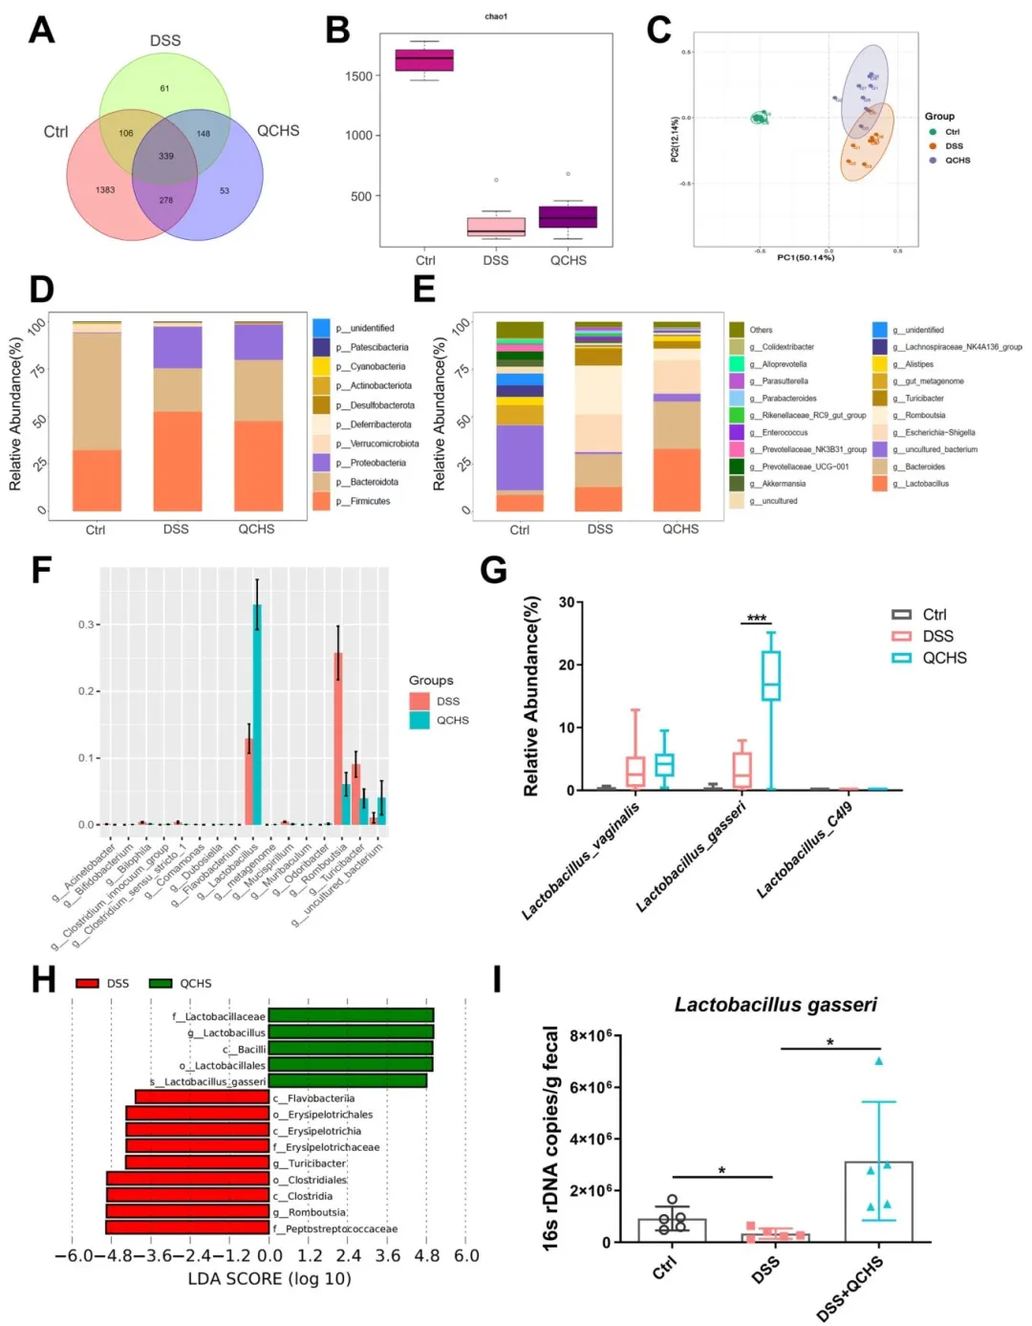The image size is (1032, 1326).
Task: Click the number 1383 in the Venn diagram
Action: (x=105, y=189)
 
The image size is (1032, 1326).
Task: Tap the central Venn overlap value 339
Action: (x=166, y=156)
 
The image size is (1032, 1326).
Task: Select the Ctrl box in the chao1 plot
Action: (x=424, y=60)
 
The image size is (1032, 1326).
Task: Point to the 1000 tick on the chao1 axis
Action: (x=359, y=136)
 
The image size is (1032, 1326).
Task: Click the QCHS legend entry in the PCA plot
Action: (x=957, y=161)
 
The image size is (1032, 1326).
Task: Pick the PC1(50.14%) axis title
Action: (x=806, y=257)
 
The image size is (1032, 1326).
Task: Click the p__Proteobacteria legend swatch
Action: (x=321, y=463)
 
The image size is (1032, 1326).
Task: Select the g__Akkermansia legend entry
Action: (x=784, y=484)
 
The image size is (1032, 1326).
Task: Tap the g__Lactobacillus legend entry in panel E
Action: (x=926, y=484)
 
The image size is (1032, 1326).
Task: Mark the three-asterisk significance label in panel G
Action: (x=757, y=618)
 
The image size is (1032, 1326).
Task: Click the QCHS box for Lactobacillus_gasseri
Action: (x=770, y=676)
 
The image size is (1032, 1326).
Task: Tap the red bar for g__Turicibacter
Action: (x=197, y=1163)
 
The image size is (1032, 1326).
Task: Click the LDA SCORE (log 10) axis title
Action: (x=269, y=1278)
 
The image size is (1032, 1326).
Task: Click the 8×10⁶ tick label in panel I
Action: (x=590, y=1036)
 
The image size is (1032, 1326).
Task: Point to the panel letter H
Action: (x=43, y=980)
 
